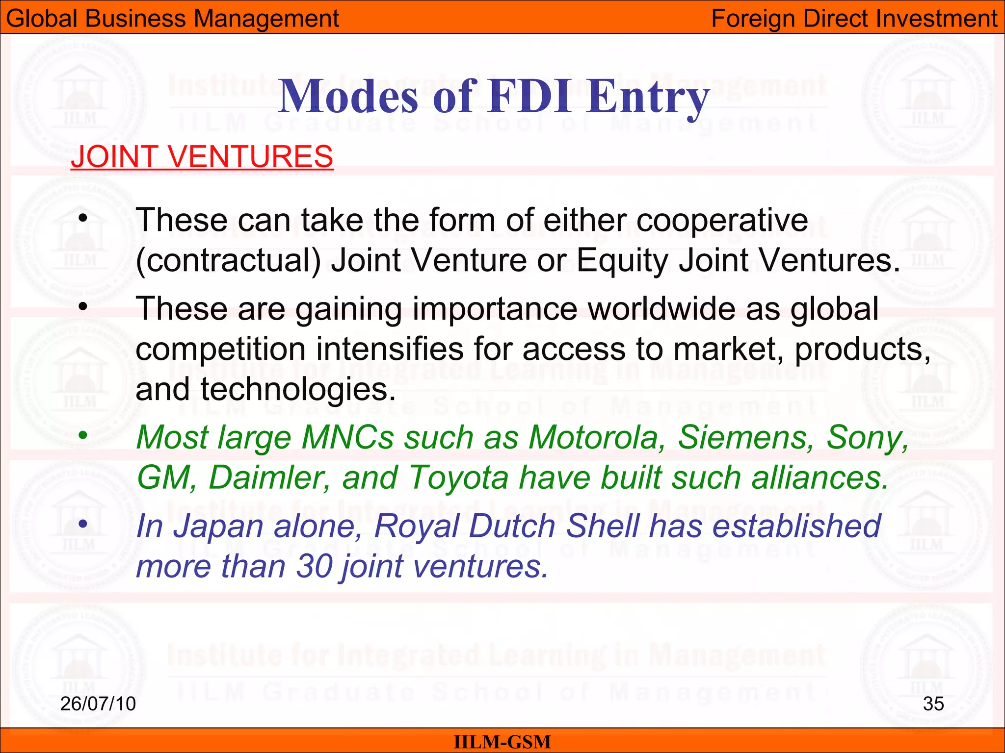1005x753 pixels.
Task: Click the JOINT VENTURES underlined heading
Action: (202, 157)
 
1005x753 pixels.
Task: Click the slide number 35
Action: (933, 703)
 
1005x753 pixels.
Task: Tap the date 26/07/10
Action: (98, 703)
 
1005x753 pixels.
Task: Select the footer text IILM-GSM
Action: (502, 742)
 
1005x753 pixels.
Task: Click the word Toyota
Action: (459, 477)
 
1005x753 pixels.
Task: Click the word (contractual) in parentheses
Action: (228, 260)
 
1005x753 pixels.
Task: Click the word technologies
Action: (298, 390)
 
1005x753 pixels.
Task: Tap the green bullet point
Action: (83, 435)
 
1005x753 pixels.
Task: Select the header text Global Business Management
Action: (172, 19)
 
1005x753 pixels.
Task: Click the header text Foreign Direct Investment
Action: (854, 19)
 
